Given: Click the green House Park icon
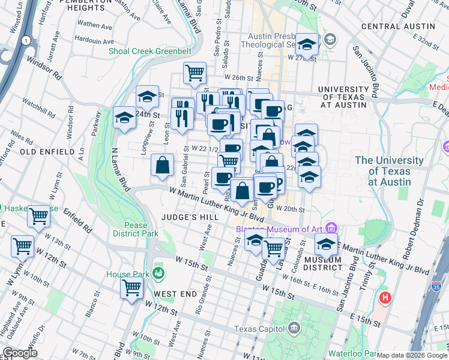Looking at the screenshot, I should click(158, 274).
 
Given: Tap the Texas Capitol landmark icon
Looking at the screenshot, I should click(294, 328).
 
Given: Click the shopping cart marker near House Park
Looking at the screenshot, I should click(131, 287).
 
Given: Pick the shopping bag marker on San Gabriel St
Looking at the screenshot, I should click(163, 165).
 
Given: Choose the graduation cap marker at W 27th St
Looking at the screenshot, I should click(307, 44).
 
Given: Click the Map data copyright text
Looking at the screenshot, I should click(412, 355).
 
